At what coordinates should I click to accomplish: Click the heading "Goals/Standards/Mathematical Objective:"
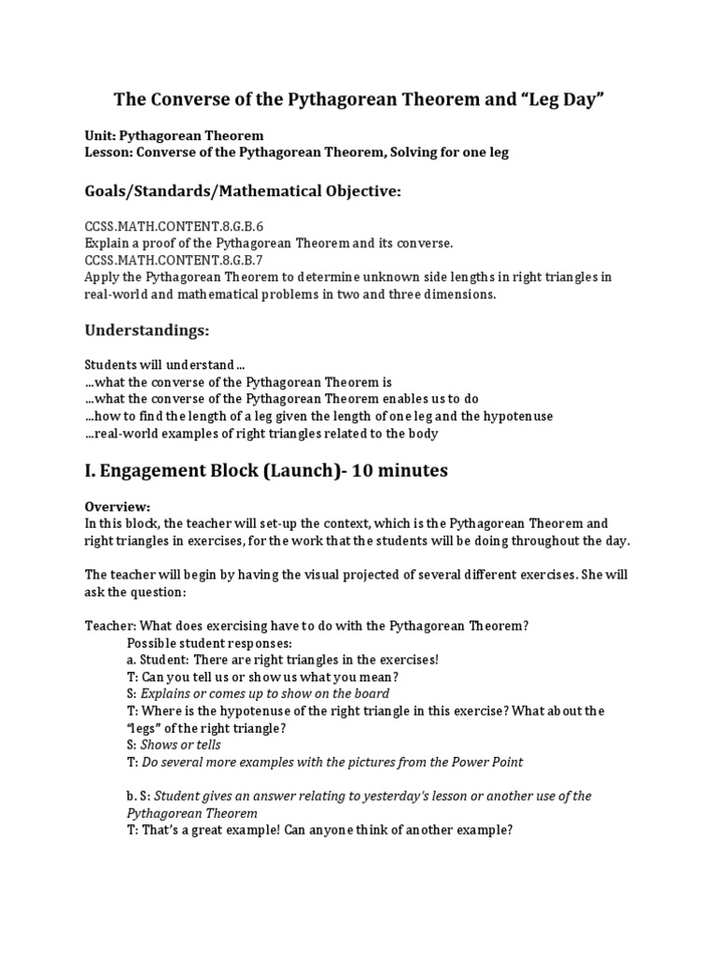pyautogui.click(x=243, y=192)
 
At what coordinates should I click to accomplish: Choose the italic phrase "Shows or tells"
pyautogui.click(x=181, y=745)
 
